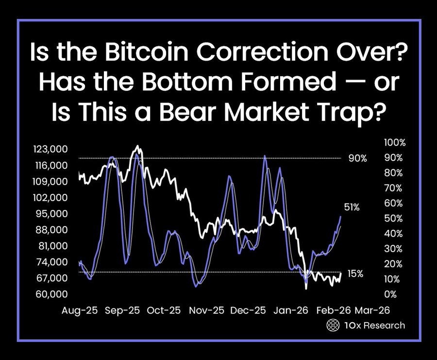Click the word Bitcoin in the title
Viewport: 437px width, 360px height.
coord(148,52)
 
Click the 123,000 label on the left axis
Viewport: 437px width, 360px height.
coord(50,149)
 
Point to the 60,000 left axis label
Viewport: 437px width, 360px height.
coord(51,294)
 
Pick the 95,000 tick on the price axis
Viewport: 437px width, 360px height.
coord(51,214)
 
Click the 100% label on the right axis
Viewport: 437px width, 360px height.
coord(395,143)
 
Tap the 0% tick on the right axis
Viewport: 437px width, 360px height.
coord(390,294)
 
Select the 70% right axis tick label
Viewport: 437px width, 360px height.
coord(393,188)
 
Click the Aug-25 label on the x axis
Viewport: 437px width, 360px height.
coord(80,310)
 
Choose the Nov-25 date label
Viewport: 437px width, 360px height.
coord(206,310)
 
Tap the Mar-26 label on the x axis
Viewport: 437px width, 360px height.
coord(372,310)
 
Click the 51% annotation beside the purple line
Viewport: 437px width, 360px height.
coord(352,207)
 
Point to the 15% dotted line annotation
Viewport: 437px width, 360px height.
coord(355,274)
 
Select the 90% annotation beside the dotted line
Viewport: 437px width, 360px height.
coord(357,159)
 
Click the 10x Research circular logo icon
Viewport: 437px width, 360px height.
coord(333,326)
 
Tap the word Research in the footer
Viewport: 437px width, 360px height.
coord(384,326)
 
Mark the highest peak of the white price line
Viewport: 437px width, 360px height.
coord(137,146)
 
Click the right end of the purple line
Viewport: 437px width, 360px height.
coord(340,216)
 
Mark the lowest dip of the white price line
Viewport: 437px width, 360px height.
coord(306,289)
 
